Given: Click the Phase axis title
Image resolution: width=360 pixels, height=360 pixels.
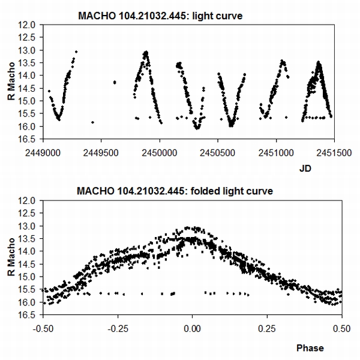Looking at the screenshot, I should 309,348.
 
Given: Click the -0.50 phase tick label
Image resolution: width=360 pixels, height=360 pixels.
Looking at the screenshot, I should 42,329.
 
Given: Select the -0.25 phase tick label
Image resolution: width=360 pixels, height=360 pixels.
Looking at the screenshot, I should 117,329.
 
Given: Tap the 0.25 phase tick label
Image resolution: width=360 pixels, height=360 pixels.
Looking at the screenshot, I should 267,329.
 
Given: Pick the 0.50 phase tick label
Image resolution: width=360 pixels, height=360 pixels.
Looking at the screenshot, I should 341,329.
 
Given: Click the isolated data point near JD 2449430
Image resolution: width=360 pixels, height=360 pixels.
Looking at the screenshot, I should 92,122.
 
